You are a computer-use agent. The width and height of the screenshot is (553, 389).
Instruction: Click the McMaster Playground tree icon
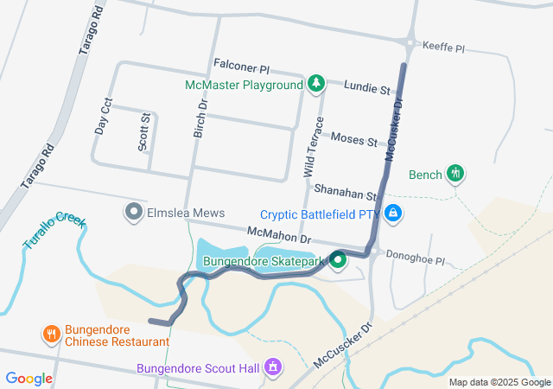click(x=316, y=84)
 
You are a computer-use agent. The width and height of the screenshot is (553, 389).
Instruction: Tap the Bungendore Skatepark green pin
click(x=338, y=259)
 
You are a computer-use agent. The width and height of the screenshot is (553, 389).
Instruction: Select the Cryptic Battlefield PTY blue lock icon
click(x=393, y=213)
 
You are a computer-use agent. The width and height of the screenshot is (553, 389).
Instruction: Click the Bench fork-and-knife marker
click(x=456, y=174)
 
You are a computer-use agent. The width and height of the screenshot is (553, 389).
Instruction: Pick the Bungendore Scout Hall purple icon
click(x=273, y=367)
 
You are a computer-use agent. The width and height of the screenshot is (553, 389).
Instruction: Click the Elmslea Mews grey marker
click(x=133, y=212)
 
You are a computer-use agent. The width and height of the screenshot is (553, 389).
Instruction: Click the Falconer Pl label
click(x=241, y=67)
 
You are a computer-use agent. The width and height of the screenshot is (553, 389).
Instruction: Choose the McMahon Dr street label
click(x=278, y=233)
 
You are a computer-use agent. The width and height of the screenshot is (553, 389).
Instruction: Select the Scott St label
click(x=144, y=131)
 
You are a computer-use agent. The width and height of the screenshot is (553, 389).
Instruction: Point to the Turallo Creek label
click(x=54, y=231)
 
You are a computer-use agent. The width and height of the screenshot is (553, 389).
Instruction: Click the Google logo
click(x=29, y=378)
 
